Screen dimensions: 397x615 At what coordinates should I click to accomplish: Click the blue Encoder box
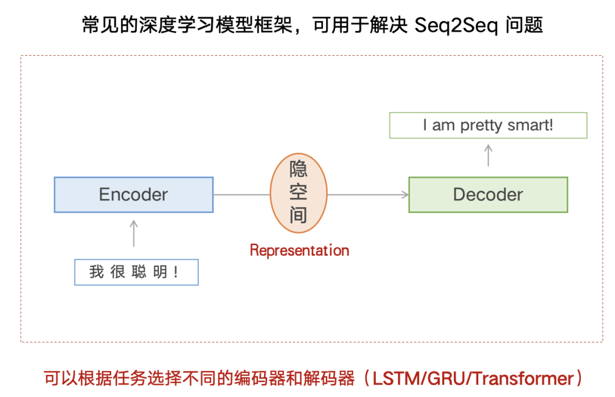134,195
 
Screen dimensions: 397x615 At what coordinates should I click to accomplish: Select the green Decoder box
488,195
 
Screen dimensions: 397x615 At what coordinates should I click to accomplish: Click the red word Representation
300,250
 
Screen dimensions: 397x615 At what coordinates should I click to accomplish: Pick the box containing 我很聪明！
136,272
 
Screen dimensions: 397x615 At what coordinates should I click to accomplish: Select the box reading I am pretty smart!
488,125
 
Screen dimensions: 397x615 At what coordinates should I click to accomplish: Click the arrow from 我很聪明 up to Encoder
134,233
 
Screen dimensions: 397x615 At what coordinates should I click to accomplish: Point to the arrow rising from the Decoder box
488,155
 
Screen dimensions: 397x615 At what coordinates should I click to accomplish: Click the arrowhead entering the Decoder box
405,195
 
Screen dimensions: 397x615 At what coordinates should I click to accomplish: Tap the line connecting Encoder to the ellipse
241,195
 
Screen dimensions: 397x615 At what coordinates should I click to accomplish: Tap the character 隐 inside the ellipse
298,169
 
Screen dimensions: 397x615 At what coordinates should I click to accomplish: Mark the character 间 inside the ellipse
298,215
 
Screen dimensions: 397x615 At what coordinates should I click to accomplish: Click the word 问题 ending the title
524,26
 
